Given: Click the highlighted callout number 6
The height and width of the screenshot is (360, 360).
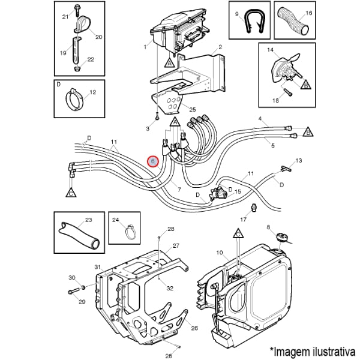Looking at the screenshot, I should click(x=153, y=161).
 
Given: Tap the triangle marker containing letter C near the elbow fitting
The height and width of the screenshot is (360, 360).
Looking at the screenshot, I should click(x=71, y=193).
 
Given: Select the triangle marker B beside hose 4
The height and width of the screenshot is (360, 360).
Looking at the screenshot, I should click(x=308, y=130).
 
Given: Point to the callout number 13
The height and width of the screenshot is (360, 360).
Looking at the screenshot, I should click(x=299, y=161).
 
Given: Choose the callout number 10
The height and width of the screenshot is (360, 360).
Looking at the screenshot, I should click(x=219, y=253).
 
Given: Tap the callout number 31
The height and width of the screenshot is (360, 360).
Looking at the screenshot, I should click(x=96, y=266).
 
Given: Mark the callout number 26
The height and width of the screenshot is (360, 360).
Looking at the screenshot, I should click(x=194, y=328).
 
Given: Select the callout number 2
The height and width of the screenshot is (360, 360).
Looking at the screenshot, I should click(x=220, y=47).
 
